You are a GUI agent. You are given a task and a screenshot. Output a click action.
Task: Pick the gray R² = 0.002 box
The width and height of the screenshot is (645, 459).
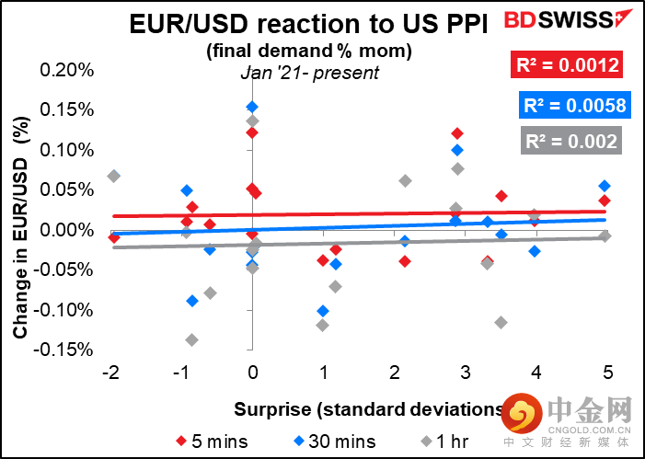pos(571,142)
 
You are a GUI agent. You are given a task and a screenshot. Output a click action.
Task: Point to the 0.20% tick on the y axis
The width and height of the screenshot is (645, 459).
pos(69,71)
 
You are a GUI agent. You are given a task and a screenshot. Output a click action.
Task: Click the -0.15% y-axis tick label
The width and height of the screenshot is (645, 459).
pos(67,350)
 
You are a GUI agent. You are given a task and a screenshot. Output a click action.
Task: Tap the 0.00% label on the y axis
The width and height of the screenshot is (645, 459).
pos(69,230)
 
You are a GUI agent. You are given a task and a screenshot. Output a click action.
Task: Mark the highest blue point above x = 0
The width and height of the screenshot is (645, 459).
pos(252,107)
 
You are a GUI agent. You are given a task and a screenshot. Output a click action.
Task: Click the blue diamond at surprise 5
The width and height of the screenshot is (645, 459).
pos(605,186)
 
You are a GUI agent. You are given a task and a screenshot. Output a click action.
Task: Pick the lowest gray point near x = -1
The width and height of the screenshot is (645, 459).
pos(191,339)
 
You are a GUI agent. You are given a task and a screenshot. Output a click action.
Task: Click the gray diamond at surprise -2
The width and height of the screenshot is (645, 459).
pos(113,176)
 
